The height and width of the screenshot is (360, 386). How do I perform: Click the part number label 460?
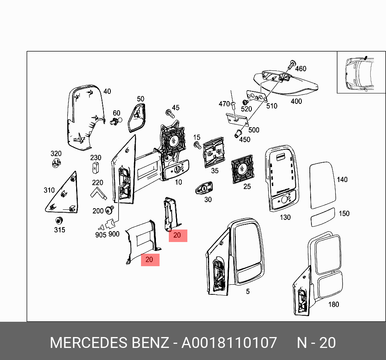pos(301,68)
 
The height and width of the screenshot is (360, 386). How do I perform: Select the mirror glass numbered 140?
pos(322,186)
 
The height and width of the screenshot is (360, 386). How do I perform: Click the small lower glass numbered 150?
pos(323,217)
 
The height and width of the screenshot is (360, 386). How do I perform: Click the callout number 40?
pos(107,91)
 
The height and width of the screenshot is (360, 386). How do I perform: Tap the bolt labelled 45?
pos(170,113)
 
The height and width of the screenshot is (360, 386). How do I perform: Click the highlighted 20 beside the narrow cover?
pos(178,236)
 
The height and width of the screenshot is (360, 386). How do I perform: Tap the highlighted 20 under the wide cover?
pos(149,260)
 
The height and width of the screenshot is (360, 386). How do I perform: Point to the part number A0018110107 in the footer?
pos(229,343)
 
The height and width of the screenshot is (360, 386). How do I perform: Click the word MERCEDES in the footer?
pos(88,343)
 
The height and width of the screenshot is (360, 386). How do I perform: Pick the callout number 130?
pos(285,217)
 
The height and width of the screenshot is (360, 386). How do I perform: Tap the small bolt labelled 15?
pos(197,145)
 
